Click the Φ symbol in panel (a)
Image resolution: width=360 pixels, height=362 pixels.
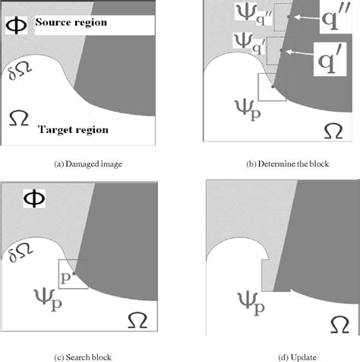tap(17, 24)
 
